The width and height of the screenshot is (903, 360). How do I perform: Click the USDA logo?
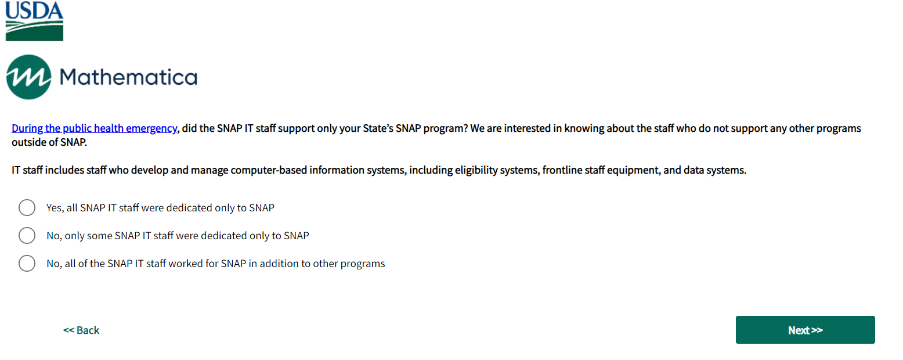click(x=34, y=21)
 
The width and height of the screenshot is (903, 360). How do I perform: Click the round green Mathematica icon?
click(x=28, y=77)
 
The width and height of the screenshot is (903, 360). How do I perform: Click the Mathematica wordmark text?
click(x=129, y=77)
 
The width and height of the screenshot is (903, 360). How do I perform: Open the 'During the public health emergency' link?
click(x=95, y=128)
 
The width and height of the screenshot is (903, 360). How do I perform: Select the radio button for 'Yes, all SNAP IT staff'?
click(x=27, y=208)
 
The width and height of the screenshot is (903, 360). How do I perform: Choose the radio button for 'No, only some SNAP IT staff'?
click(x=27, y=235)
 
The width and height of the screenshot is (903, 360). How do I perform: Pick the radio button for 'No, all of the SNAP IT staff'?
click(x=27, y=263)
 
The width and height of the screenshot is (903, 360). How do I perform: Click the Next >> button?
click(x=805, y=330)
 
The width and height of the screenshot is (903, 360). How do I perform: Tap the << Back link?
click(x=81, y=330)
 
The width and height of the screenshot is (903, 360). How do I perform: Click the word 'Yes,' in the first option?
click(x=55, y=208)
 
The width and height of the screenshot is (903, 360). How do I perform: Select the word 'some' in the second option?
click(x=100, y=236)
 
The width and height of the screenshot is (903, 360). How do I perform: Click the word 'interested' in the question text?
click(x=528, y=128)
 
